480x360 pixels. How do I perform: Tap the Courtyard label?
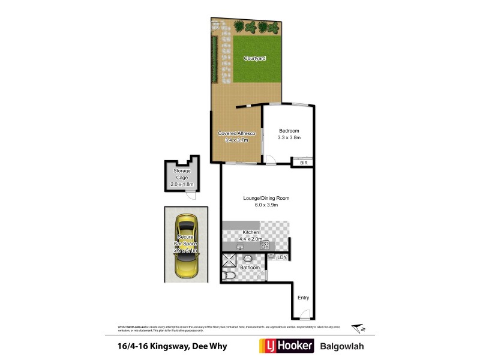(254, 58)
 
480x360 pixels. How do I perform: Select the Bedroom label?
(289, 131)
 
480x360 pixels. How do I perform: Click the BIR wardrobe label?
(303, 162)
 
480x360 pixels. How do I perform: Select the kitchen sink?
(241, 245)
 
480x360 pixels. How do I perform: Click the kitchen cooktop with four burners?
(265, 245)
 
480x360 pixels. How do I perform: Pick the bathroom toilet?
(229, 275)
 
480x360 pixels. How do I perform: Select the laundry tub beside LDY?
(271, 257)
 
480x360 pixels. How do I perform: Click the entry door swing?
(306, 313)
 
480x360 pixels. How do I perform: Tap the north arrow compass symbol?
(358, 328)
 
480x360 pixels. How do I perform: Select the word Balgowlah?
(342, 346)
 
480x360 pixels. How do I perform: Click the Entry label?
(303, 297)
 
